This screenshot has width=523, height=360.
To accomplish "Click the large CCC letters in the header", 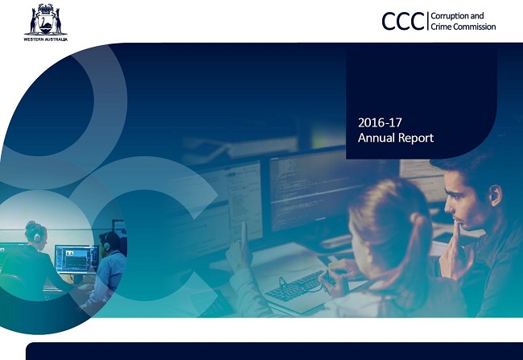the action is (403, 22).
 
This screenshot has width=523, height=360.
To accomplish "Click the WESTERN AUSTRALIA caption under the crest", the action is (46, 39).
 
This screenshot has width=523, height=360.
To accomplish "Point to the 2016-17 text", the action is (380, 122).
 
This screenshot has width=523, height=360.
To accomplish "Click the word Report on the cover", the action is (416, 138).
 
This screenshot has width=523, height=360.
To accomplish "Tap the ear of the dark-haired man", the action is (496, 196).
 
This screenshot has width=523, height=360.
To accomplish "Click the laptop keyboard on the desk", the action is (294, 287).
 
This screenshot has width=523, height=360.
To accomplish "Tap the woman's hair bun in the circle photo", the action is (31, 225).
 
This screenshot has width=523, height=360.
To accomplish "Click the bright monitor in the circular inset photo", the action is (76, 259).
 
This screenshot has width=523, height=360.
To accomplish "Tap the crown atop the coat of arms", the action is (46, 7).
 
